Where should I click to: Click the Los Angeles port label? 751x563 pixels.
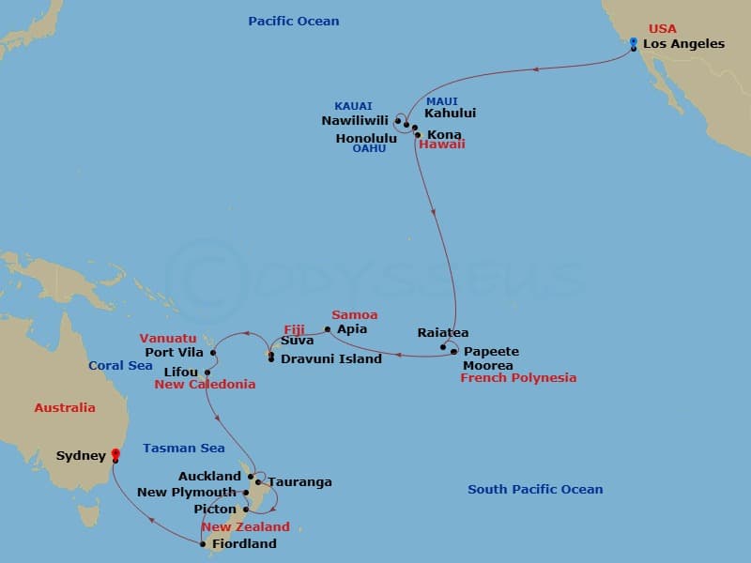click(x=683, y=44)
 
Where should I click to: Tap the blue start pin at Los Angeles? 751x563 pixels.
click(x=634, y=42)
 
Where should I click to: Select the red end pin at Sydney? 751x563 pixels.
click(x=115, y=455)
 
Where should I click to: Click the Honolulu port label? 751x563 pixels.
click(x=366, y=138)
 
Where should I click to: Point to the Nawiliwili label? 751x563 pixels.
click(x=356, y=120)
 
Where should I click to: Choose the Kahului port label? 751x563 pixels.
click(x=451, y=114)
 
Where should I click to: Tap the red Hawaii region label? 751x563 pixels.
click(x=442, y=145)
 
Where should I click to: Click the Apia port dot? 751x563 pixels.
click(x=328, y=329)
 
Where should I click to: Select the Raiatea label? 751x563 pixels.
click(x=443, y=333)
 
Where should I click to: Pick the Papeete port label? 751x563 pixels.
click(x=492, y=352)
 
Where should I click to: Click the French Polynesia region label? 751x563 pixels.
click(x=518, y=378)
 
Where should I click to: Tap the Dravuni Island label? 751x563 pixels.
click(x=331, y=358)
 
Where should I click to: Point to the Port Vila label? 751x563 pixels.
click(x=174, y=353)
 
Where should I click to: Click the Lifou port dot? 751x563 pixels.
click(x=207, y=373)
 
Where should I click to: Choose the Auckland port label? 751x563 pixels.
click(x=209, y=477)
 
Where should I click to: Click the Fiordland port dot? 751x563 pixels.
click(x=203, y=543)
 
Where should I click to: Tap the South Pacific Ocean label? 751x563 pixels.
click(x=535, y=489)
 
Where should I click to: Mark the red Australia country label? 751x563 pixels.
click(x=65, y=408)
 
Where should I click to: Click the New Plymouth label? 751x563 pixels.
click(x=188, y=493)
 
